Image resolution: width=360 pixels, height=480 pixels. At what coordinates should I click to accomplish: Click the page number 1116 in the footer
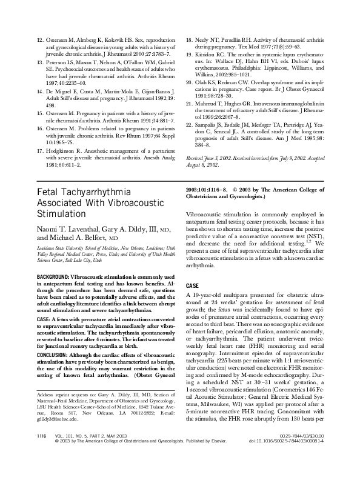point(42,452)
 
